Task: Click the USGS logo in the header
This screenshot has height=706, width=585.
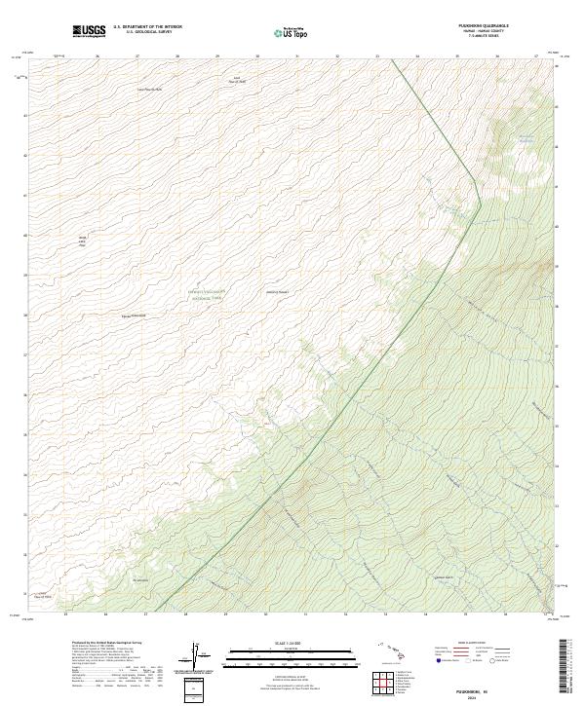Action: (x=89, y=31)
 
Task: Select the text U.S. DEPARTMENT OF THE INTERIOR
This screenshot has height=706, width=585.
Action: (x=147, y=27)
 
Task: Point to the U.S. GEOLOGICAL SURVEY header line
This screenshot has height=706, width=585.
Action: (x=147, y=32)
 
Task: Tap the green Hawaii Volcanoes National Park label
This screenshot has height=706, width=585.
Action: (x=206, y=295)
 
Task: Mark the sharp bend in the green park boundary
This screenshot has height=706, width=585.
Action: (x=480, y=178)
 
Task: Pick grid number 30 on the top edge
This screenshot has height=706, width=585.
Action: (x=257, y=56)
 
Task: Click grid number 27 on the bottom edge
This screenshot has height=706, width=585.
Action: (x=145, y=614)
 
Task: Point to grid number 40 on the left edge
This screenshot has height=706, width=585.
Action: (x=24, y=235)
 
